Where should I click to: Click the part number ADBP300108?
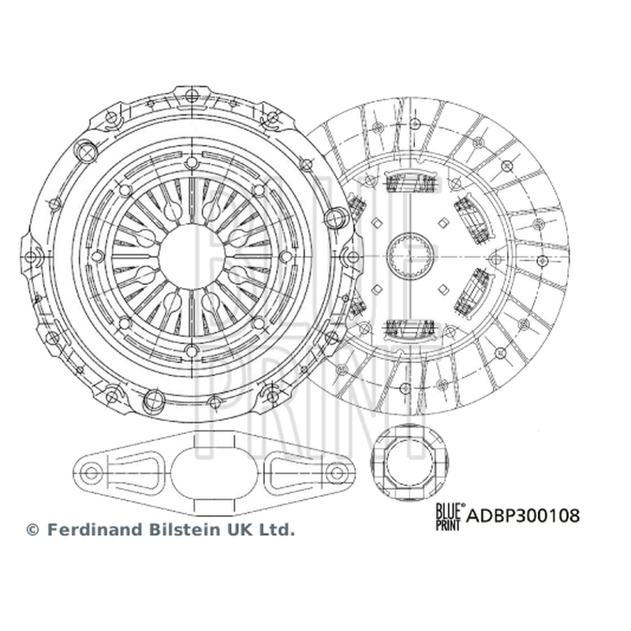coord(523,515)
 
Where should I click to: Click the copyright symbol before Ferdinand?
coord(32,529)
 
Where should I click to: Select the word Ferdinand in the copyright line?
coord(95,529)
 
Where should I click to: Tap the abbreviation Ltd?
coord(278,529)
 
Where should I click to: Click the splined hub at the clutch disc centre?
coord(411,255)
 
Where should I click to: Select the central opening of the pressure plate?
coord(192,256)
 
